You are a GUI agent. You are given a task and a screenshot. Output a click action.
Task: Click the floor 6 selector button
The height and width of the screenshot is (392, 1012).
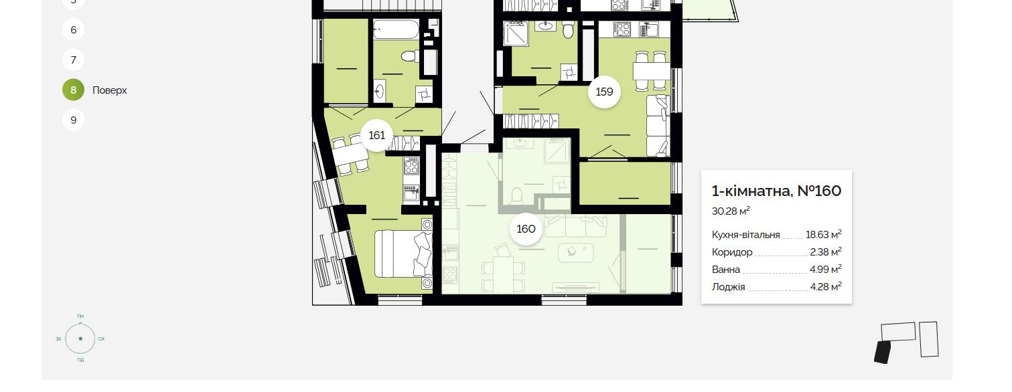click(x=73, y=30)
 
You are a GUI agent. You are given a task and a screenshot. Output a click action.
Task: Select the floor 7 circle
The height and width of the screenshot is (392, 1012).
click(x=73, y=60)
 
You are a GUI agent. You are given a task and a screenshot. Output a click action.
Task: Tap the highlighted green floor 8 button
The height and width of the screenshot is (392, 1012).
click(x=73, y=90)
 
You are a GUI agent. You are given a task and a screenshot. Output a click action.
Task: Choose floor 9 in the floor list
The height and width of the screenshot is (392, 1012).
click(x=73, y=120)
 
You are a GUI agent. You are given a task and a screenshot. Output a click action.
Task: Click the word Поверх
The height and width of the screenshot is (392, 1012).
click(x=109, y=90)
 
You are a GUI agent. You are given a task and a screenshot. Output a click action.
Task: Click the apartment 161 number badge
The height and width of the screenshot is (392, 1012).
click(x=377, y=135)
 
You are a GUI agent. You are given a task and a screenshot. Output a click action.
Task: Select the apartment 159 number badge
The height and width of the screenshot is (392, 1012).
click(x=604, y=92)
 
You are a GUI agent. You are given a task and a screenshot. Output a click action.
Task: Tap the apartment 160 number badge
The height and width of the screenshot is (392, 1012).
click(x=526, y=229)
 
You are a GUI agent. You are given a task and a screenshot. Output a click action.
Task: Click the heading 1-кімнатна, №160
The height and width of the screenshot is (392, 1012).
click(x=776, y=191)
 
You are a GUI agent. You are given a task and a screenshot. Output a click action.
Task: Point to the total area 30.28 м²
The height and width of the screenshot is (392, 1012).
click(x=731, y=211)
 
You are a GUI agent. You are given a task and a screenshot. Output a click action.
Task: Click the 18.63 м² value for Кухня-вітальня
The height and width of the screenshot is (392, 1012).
click(x=823, y=234)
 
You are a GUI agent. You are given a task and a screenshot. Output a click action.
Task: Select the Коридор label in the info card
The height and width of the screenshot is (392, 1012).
click(x=732, y=252)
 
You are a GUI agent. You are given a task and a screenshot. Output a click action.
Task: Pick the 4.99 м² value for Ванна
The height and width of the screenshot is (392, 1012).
click(x=825, y=270)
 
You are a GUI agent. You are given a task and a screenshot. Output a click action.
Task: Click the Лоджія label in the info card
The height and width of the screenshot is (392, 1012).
click(x=728, y=287)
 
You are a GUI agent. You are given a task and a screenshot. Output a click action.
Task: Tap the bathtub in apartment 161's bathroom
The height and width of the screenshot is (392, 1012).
click(x=396, y=29)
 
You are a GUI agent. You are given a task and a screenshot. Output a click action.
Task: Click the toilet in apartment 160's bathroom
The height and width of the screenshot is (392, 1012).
click(x=516, y=196)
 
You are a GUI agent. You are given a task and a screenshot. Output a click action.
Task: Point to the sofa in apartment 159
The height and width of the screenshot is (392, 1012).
click(x=658, y=125)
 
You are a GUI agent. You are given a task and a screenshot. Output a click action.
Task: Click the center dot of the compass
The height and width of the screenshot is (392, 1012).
click(x=80, y=338)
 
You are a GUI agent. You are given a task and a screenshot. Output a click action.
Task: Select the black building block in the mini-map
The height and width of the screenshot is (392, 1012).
click(x=882, y=353)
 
